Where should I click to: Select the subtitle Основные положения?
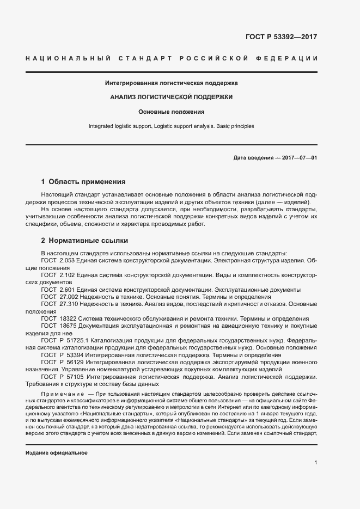171,112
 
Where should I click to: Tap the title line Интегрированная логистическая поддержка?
171,83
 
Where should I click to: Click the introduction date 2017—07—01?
298,158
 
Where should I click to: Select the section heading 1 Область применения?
83,182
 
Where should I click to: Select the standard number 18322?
68,318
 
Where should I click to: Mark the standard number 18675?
68,326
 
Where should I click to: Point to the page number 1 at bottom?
315,463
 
